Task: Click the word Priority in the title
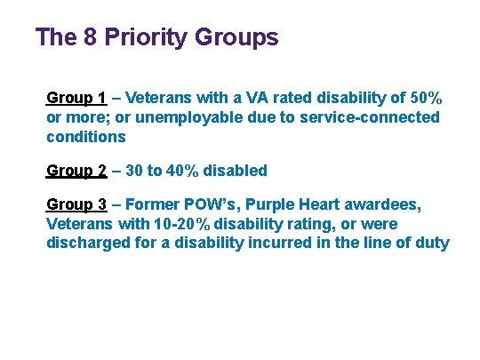pyautogui.click(x=148, y=38)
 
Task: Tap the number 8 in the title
pyautogui.click(x=93, y=37)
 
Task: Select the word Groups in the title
pyautogui.click(x=235, y=37)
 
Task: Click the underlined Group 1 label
pyautogui.click(x=76, y=98)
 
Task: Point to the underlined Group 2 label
pyautogui.click(x=76, y=170)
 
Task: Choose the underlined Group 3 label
pyautogui.click(x=76, y=204)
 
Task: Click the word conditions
pyautogui.click(x=85, y=137)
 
